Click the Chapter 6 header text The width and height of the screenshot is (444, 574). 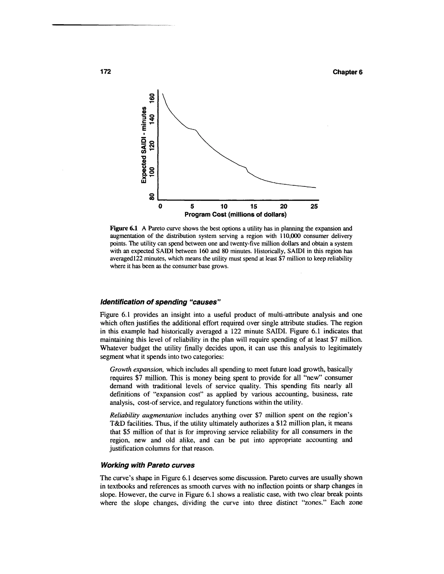point(347,72)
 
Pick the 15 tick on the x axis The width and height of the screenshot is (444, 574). point(254,206)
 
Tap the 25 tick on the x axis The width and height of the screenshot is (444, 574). point(314,206)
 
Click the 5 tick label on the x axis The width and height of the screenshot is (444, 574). point(192,206)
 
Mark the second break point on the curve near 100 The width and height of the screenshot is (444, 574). point(246,168)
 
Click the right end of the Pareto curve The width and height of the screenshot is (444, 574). point(315,188)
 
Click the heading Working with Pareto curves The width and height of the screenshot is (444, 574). point(148,465)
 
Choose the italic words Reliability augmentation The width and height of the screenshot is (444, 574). point(146,415)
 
